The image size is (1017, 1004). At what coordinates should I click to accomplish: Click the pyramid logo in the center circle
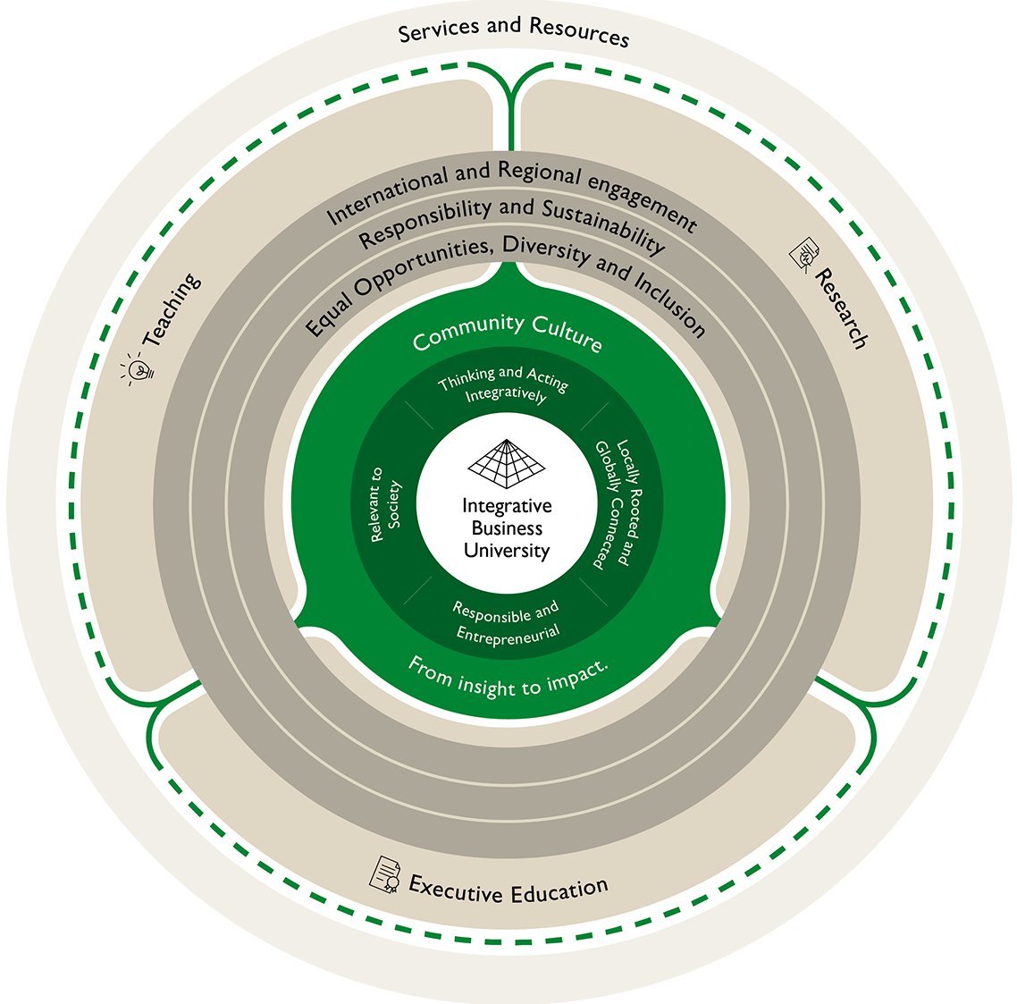(x=507, y=461)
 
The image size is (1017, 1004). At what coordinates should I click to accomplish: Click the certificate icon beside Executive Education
(x=385, y=873)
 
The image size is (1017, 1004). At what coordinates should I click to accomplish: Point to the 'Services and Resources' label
(x=513, y=31)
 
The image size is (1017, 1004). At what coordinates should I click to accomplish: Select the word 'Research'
(x=841, y=308)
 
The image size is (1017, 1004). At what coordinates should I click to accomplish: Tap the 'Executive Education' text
(x=508, y=888)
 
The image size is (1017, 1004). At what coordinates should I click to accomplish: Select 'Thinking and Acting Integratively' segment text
(x=504, y=386)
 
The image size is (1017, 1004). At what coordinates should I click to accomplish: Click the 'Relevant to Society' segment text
(x=386, y=504)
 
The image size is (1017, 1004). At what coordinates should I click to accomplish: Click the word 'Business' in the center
(x=507, y=528)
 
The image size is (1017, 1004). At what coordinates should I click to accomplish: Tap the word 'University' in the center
(x=507, y=550)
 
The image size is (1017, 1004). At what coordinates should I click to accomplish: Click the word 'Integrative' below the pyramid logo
(x=507, y=506)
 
